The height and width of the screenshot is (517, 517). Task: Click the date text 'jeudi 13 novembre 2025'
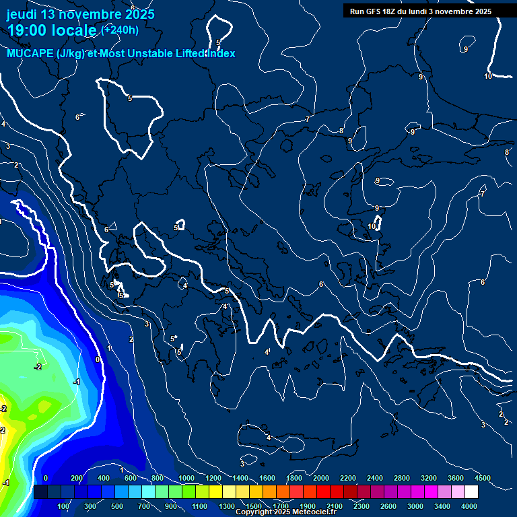click(80, 14)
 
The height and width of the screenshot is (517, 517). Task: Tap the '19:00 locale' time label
click(52, 30)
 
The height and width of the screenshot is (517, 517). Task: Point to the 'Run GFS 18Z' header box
click(421, 11)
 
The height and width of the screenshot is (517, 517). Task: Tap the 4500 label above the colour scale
click(483, 478)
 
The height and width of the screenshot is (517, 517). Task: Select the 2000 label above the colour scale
click(321, 478)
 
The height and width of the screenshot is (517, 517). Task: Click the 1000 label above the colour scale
click(186, 478)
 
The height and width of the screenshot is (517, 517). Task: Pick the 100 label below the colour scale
click(64, 506)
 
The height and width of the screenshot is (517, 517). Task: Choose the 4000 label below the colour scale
click(469, 506)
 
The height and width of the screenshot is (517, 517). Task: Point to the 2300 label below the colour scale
click(361, 506)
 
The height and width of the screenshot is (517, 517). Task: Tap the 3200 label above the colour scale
click(429, 478)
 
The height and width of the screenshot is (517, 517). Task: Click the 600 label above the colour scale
click(131, 478)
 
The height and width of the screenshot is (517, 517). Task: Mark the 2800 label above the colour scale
click(402, 478)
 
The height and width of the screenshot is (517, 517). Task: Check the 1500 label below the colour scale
click(254, 506)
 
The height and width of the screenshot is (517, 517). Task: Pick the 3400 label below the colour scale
click(442, 506)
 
